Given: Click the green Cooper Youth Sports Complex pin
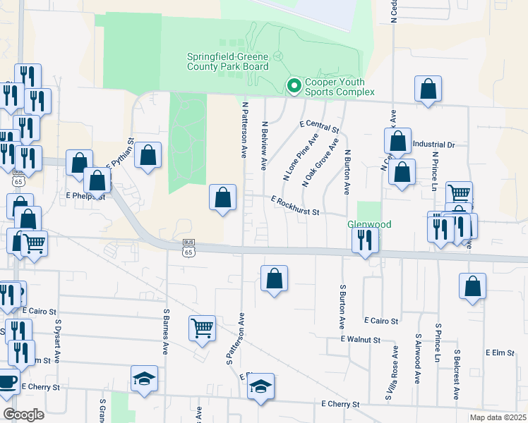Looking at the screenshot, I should pos(294,85).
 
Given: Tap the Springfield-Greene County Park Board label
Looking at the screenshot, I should pos(227,61).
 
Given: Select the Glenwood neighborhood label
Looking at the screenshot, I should pos(368,224).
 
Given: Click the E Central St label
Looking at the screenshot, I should pos(319,127).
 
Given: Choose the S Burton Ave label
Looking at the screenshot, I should pos(342,307).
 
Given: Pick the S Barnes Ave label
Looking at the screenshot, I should pos(167,332).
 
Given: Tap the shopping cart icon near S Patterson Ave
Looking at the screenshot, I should pos(202,327).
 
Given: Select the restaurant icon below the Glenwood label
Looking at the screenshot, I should pos(365,240).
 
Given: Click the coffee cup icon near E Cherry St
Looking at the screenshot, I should pos(7,383).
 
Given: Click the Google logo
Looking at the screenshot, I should pos(23,415).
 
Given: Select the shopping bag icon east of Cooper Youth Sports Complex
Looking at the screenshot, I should pos(428,89).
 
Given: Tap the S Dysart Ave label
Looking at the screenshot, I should pos(57,341).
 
